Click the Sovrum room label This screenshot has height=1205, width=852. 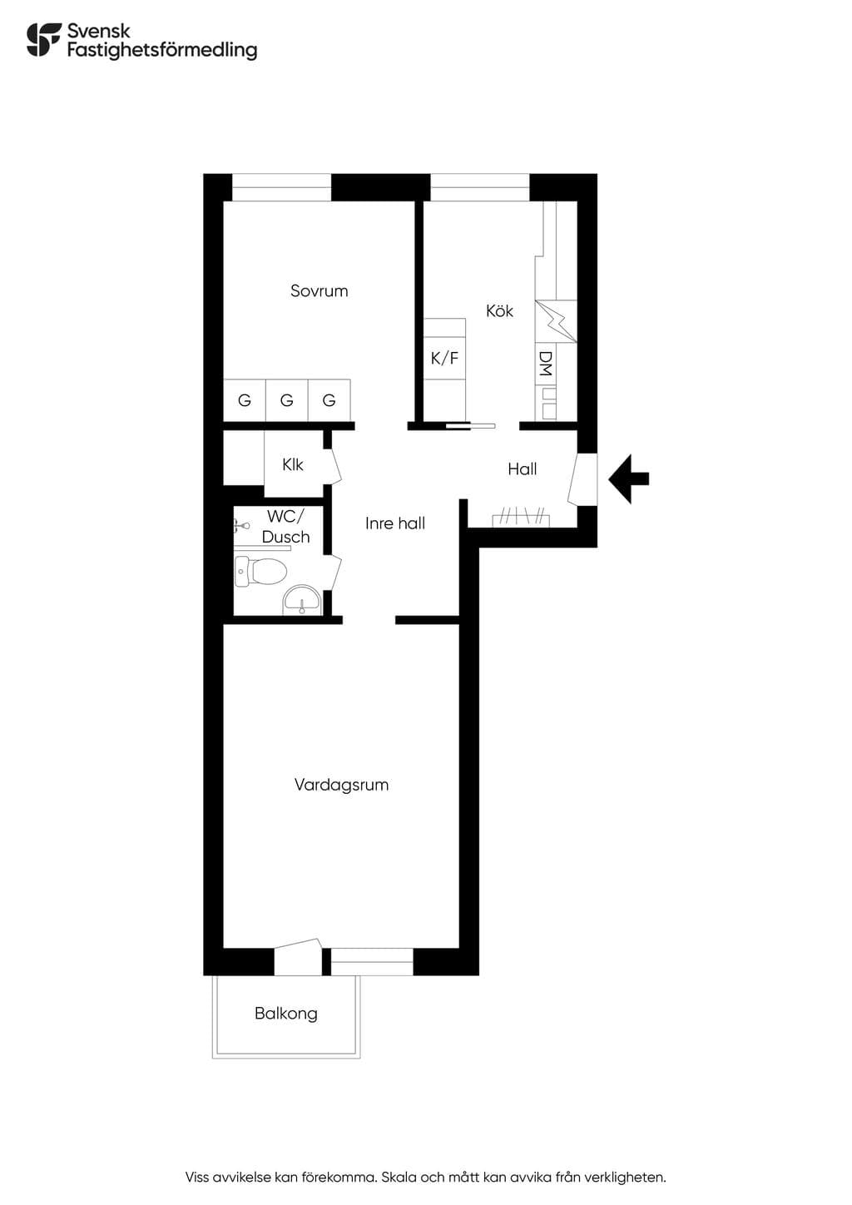(319, 291)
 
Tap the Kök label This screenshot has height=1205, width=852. (499, 310)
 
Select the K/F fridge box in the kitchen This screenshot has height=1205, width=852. (444, 358)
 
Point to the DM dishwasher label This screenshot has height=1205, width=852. (545, 364)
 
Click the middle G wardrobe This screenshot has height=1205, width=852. (287, 399)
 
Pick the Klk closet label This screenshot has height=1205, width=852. (293, 465)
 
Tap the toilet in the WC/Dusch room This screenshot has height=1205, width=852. (260, 572)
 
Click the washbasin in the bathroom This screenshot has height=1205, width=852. (302, 600)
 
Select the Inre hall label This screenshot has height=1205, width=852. (395, 523)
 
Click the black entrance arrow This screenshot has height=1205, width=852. (628, 479)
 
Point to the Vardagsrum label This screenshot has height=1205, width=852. (342, 785)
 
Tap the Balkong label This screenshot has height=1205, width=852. (286, 1014)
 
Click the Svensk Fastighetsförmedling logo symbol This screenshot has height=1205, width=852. (44, 39)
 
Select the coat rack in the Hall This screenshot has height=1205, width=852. (521, 518)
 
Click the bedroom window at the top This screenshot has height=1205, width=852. (281, 187)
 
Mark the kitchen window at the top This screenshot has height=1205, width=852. (480, 187)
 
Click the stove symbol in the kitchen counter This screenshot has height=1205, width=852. (556, 321)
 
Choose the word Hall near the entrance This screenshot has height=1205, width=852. (523, 469)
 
